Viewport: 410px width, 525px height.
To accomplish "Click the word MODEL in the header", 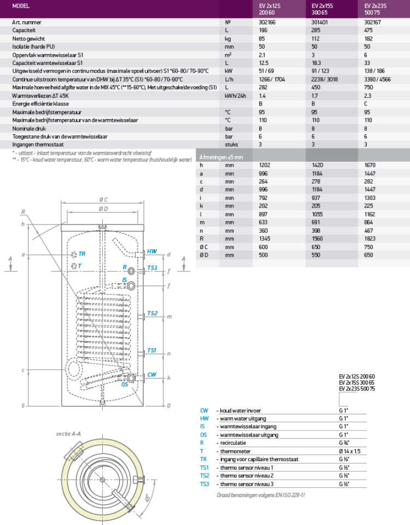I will click(x=20, y=6).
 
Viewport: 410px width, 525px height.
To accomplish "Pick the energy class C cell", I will click(x=366, y=103).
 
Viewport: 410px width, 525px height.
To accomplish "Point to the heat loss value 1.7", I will click(x=314, y=95).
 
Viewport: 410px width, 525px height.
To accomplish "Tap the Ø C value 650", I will click(x=317, y=246).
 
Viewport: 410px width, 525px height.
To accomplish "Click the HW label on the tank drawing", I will click(x=151, y=252).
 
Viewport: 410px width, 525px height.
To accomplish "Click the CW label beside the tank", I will click(x=151, y=375).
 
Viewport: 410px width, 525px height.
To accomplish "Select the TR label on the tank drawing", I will click(x=81, y=254).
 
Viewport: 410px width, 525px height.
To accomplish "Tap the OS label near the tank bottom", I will click(x=125, y=385).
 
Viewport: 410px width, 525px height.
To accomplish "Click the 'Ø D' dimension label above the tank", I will click(x=102, y=209).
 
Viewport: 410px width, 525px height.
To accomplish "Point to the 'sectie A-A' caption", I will click(x=68, y=433).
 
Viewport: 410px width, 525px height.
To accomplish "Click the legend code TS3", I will click(x=204, y=483).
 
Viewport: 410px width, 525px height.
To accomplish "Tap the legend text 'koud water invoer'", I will click(x=240, y=410).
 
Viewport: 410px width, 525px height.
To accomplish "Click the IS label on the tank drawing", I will click(x=125, y=280).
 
